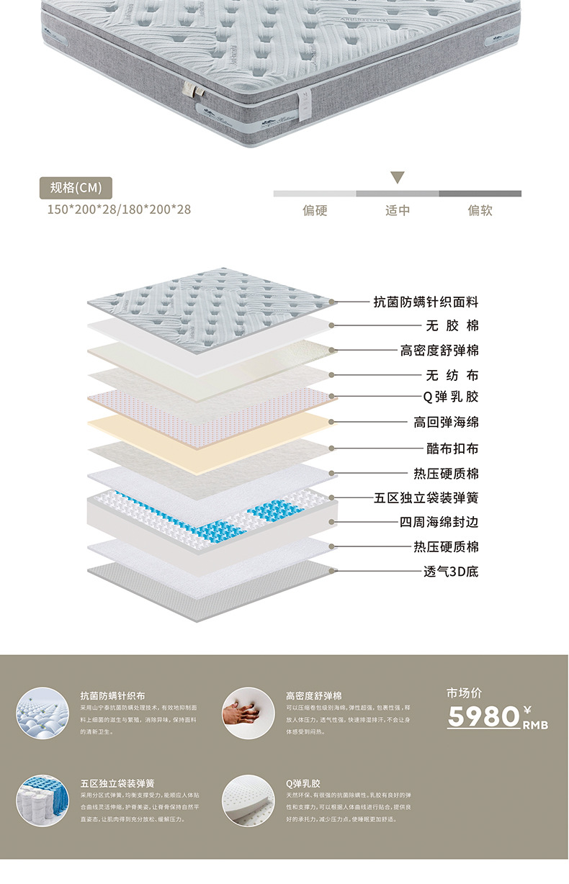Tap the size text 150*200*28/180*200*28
(x=119, y=209)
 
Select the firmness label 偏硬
(x=315, y=210)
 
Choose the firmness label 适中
(x=398, y=210)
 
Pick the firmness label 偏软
(x=480, y=210)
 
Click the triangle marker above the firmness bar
(x=398, y=177)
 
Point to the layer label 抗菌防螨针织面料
(x=426, y=302)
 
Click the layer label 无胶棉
(x=452, y=326)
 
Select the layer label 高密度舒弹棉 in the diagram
(x=439, y=351)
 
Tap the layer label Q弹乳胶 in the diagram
(x=451, y=396)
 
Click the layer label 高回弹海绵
(x=446, y=422)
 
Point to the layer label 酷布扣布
(x=452, y=448)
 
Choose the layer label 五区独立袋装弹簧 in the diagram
(x=426, y=497)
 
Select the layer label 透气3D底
(x=451, y=572)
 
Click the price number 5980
(x=483, y=716)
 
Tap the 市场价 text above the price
(x=465, y=693)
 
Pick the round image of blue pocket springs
(x=42, y=799)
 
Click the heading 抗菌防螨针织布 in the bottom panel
(x=113, y=696)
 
